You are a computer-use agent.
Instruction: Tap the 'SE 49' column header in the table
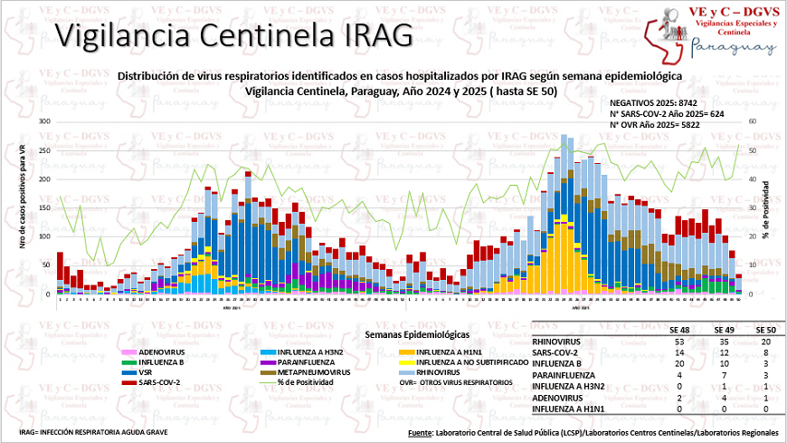coord(720,331)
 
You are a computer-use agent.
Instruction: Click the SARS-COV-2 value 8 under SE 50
coord(764,352)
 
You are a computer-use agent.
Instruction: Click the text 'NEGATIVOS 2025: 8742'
coord(653,104)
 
